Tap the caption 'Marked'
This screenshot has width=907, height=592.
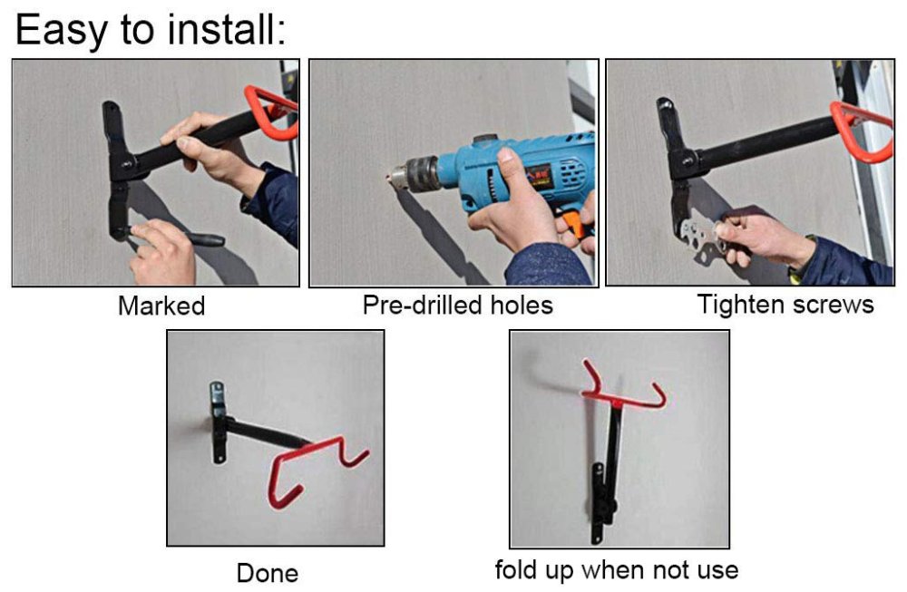pyautogui.click(x=161, y=306)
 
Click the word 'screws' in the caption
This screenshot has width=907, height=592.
pyautogui.click(x=833, y=305)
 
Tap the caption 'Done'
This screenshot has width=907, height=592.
pyautogui.click(x=267, y=573)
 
